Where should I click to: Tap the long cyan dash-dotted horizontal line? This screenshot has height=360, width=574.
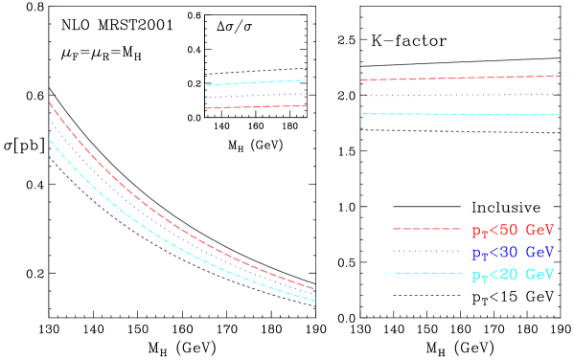[460, 114]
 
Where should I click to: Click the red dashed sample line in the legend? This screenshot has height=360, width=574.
[426, 230]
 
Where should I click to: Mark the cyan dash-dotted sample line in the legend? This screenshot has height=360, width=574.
[426, 274]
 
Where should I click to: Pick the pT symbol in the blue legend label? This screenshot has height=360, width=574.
[479, 255]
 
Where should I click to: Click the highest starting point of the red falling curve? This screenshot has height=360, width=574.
[49, 102]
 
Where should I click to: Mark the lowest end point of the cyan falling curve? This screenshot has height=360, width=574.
[315, 301]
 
